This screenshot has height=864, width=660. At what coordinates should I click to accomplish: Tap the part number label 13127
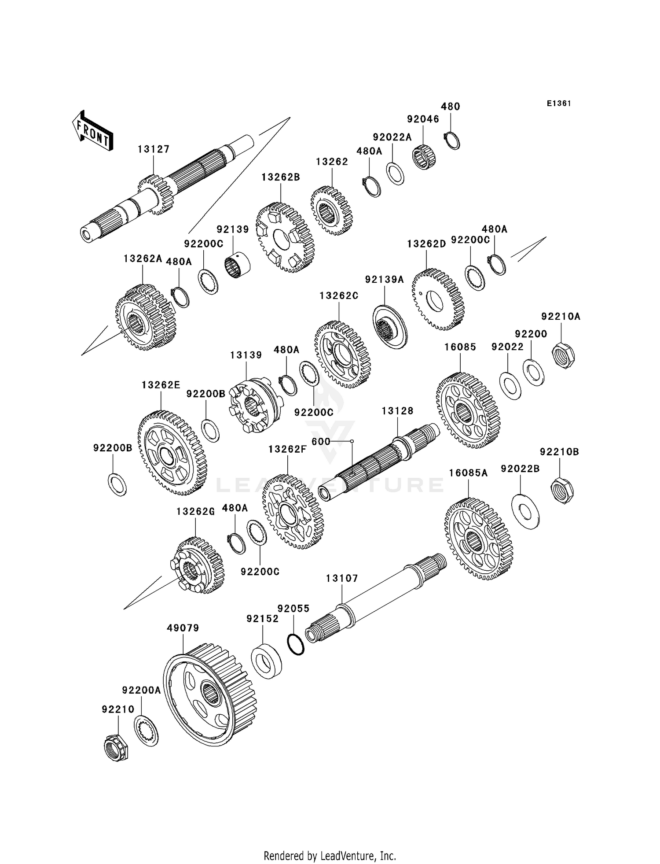click(x=153, y=149)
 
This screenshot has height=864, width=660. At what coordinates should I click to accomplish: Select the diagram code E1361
click(x=559, y=103)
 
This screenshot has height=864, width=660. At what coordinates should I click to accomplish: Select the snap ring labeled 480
click(x=452, y=140)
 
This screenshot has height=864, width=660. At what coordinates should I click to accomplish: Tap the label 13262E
click(x=161, y=385)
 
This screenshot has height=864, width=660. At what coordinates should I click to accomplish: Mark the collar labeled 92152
click(x=267, y=661)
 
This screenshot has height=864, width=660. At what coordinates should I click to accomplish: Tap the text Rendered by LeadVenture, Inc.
click(x=330, y=856)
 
